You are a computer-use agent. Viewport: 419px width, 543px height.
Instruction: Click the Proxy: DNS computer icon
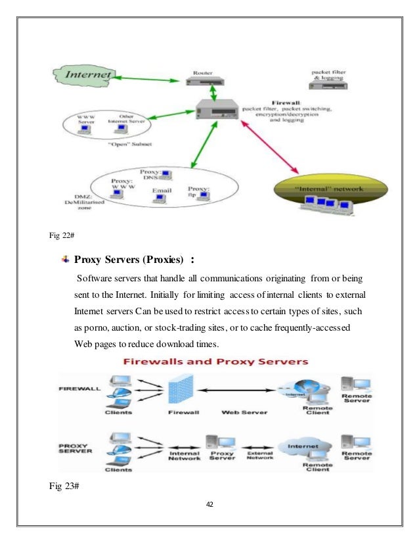click(167, 175)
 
